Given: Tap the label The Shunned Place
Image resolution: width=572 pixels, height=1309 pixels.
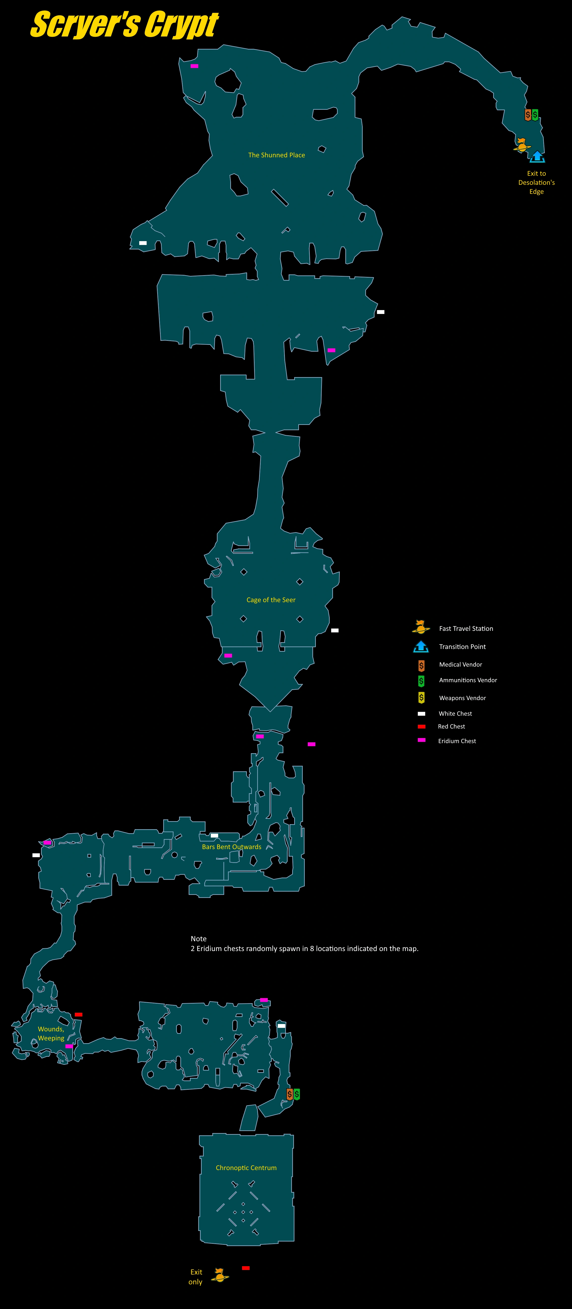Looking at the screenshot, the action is [277, 155].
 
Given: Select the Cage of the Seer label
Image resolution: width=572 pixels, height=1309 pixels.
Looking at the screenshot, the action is [271, 600].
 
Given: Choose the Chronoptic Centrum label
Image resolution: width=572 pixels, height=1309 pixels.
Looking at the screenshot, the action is [246, 1168].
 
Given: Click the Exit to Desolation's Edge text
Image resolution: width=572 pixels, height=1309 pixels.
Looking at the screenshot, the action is [536, 183].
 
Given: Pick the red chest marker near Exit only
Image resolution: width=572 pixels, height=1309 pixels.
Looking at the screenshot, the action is [246, 1268].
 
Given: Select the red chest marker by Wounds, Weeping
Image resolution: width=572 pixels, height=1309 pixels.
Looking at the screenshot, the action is [78, 1014].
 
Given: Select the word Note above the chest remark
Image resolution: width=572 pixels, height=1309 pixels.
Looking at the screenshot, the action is [198, 938].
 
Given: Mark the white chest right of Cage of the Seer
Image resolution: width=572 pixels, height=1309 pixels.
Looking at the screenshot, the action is [334, 630].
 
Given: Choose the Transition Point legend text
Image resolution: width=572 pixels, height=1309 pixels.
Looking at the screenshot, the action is [462, 646].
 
